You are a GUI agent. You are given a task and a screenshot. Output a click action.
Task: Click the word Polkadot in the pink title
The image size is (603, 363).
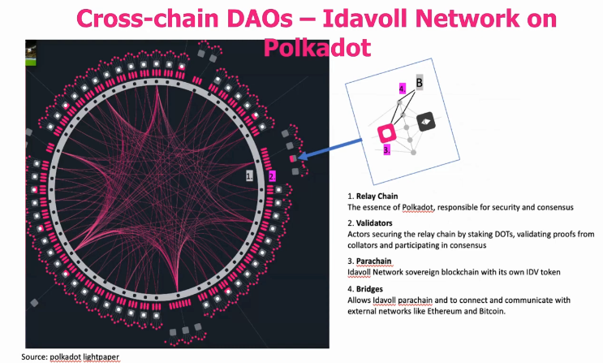click(317, 46)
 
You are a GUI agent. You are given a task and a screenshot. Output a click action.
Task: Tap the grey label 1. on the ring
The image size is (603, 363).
click(250, 174)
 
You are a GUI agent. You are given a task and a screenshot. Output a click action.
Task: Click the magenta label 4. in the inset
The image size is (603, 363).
click(401, 88)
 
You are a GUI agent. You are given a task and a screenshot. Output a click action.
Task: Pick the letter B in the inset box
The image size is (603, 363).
click(420, 82)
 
